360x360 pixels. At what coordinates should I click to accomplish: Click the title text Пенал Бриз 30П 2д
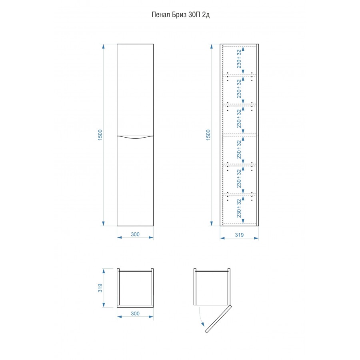coord(180,15)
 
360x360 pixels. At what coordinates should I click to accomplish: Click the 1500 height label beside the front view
coord(100,135)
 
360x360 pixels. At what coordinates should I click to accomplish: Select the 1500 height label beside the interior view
coord(208,135)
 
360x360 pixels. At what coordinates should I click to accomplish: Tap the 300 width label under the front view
coord(135,234)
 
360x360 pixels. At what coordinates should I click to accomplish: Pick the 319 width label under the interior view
coord(239,235)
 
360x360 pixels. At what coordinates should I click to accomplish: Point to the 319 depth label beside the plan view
coord(100,288)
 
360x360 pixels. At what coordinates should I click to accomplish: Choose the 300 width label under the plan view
coord(135,313)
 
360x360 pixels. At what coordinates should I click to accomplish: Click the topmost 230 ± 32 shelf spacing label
coord(239,59)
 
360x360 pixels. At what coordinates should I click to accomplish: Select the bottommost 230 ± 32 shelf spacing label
coord(239,208)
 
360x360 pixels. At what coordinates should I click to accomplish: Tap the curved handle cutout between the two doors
coord(135,138)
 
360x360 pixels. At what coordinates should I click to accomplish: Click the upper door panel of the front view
coord(135,89)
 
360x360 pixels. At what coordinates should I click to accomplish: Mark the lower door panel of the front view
coord(135,181)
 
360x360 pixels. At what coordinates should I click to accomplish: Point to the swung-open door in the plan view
coord(218,319)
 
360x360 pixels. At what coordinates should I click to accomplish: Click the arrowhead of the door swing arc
coord(202,324)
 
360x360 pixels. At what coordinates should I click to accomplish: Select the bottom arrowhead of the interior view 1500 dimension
coord(212,224)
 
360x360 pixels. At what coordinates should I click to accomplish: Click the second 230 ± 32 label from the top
coord(239,89)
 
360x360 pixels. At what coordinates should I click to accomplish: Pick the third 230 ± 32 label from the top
coord(239,118)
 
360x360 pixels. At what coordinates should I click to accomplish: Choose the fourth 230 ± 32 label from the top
coord(239,149)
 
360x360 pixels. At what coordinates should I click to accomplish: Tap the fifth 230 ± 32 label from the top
coord(239,178)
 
